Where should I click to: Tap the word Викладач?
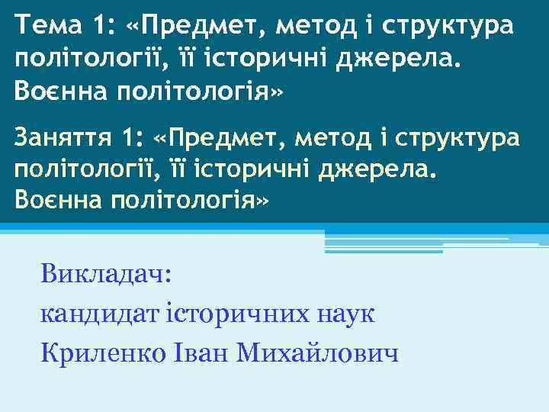point(108,272)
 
